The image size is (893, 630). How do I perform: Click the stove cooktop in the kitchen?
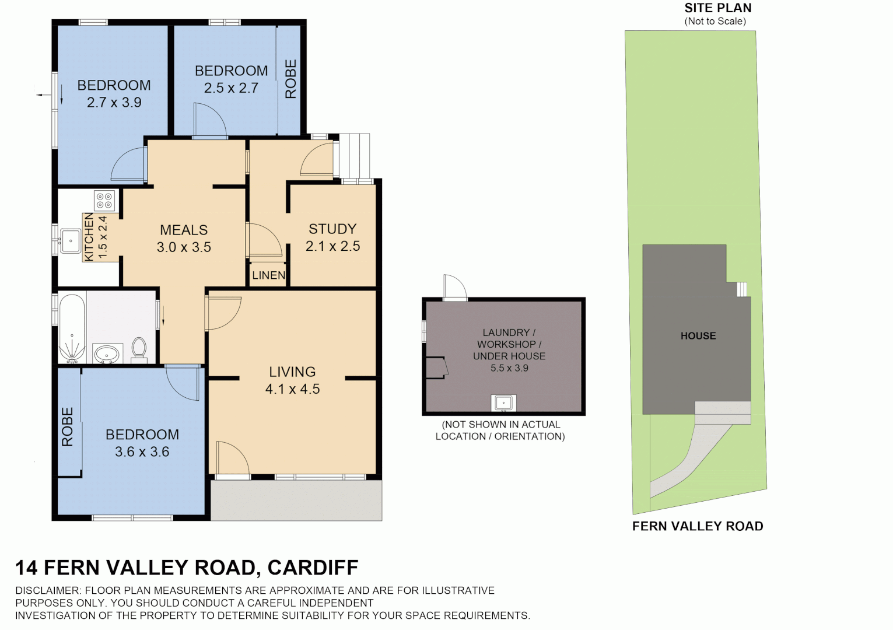pyautogui.click(x=104, y=201)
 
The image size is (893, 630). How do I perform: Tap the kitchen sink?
pyautogui.click(x=71, y=241)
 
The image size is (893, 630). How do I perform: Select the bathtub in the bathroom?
pyautogui.click(x=72, y=328)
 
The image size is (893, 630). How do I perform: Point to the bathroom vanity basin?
pyautogui.click(x=107, y=353)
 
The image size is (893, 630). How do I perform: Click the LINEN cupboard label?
pyautogui.click(x=269, y=275)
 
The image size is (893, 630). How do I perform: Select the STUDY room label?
pyautogui.click(x=332, y=229)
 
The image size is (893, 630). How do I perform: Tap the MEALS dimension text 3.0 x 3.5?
pyautogui.click(x=184, y=247)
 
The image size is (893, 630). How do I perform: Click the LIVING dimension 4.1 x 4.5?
pyautogui.click(x=292, y=389)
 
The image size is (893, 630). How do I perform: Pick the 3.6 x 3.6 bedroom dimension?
pyautogui.click(x=142, y=452)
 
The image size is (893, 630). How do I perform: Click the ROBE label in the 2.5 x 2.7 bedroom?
pyautogui.click(x=290, y=79)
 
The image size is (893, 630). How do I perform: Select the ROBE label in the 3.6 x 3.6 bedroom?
pyautogui.click(x=68, y=426)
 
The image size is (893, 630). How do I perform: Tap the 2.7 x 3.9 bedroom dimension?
pyautogui.click(x=114, y=103)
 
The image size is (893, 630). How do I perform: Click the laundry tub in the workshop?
pyautogui.click(x=503, y=403)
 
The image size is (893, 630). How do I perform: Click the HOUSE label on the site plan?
pyautogui.click(x=698, y=336)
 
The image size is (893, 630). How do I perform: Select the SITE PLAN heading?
pyautogui.click(x=717, y=8)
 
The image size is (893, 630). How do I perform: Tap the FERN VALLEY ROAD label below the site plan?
pyautogui.click(x=698, y=526)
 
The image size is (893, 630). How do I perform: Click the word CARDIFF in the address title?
pyautogui.click(x=313, y=568)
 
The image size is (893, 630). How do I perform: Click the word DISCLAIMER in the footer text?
pyautogui.click(x=47, y=590)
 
